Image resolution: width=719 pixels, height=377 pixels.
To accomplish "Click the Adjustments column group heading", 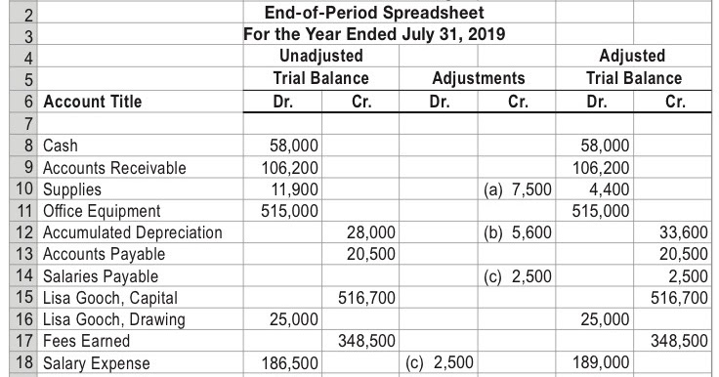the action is pos(478,78).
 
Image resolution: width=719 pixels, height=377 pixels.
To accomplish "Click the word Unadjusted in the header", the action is pos(320,56).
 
